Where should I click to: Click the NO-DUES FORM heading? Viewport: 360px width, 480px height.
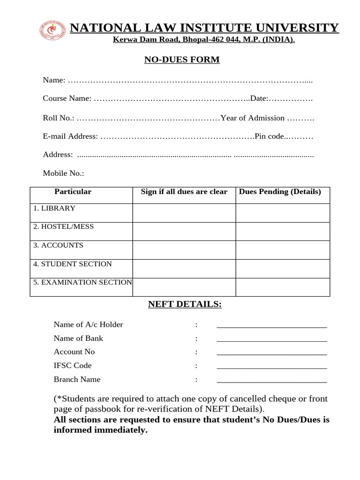[x=181, y=60]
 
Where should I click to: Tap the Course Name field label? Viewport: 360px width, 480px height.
[x=67, y=98]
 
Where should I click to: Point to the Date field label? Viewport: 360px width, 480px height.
[x=259, y=98]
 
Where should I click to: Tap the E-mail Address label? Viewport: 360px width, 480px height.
[x=70, y=136]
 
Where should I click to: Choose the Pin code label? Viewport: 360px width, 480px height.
[x=270, y=136]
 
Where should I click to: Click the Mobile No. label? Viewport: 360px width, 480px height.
[x=63, y=173]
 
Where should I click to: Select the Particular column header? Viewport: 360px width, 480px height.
[x=73, y=192]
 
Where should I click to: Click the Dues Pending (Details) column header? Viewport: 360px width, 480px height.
[x=280, y=192]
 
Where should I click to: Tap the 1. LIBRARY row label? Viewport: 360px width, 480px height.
[x=54, y=208]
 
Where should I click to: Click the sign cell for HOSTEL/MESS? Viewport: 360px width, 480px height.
[x=184, y=231]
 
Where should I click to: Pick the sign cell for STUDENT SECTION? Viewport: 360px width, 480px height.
[x=184, y=269]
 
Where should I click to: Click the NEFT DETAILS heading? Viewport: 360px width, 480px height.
[x=185, y=305]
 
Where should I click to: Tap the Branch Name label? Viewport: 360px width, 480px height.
[x=77, y=379]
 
